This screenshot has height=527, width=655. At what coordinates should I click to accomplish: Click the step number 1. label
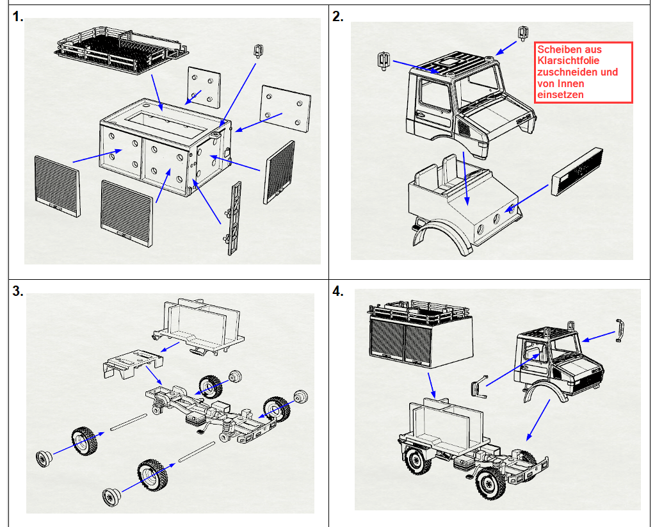(18, 17)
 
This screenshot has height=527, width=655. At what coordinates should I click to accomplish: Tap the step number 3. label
(18, 291)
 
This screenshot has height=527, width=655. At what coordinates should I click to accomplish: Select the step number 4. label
(338, 291)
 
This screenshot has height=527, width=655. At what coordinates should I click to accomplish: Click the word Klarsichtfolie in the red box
(568, 61)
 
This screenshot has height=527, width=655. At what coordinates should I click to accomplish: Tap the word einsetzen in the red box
(560, 95)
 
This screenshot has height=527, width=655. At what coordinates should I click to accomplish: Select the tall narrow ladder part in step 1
(234, 218)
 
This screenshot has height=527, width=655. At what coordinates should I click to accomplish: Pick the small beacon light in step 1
(259, 51)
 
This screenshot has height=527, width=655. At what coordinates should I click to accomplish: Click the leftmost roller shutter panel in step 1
(57, 186)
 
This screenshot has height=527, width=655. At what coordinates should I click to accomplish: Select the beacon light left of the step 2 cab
(384, 61)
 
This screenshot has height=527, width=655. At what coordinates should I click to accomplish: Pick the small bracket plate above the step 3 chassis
(132, 364)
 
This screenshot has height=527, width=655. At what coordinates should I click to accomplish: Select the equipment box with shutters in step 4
(419, 334)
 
